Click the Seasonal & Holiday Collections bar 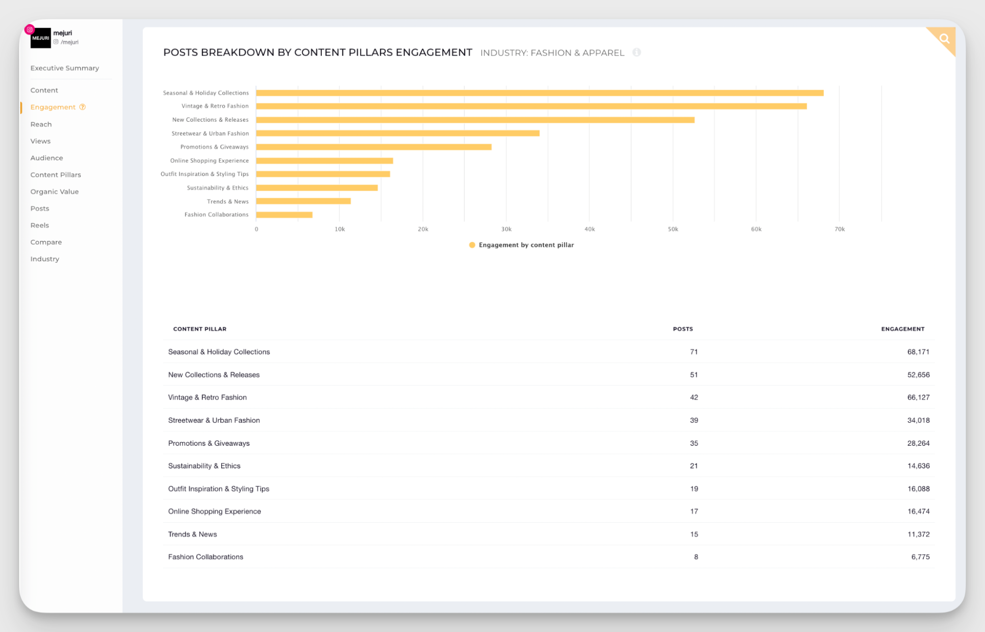pos(540,93)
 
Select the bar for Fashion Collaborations pos(284,215)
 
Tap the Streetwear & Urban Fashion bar pos(398,133)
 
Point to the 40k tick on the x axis pos(589,229)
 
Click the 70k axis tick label pos(839,229)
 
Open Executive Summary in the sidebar pos(65,68)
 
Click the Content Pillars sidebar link pos(56,175)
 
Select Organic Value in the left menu pos(55,192)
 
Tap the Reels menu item pos(40,225)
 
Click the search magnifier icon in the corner pos(944,39)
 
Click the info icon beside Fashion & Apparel pos(637,52)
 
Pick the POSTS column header pos(682,329)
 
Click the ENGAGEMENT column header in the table pos(902,329)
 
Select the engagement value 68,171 pos(918,352)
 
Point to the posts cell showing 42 pos(693,398)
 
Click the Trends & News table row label pos(193,534)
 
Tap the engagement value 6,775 pos(920,557)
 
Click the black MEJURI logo pos(40,38)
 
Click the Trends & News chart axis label pos(228,201)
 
